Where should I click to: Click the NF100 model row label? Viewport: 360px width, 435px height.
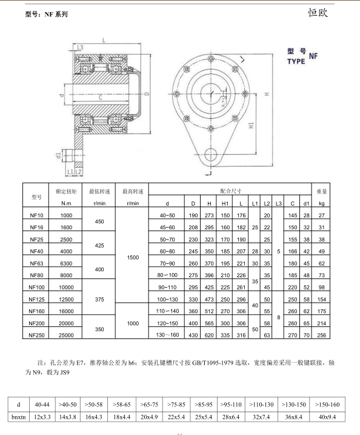[x=36, y=287]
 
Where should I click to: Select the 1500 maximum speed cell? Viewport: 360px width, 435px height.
[x=133, y=257]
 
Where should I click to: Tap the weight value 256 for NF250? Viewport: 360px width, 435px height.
[x=321, y=335]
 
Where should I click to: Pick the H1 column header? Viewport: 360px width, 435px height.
[x=225, y=203]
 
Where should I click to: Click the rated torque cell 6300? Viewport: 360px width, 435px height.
[x=66, y=263]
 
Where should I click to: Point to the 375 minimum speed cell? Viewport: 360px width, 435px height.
[x=99, y=299]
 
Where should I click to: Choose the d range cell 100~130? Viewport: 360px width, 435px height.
[x=167, y=299]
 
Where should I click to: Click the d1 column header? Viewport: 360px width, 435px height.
[x=306, y=203]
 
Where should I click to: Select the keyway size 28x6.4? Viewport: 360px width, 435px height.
[x=231, y=417]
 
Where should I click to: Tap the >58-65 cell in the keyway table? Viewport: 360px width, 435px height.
[x=121, y=405]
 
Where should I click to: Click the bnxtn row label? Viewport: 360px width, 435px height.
[x=19, y=417]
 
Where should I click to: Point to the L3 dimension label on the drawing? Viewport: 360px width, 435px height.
[x=80, y=47]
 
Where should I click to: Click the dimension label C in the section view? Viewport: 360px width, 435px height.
[x=101, y=98]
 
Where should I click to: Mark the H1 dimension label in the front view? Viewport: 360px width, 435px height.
[x=252, y=125]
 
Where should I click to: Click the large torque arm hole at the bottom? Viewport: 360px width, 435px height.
[x=211, y=155]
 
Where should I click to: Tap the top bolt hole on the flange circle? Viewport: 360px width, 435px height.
[x=211, y=58]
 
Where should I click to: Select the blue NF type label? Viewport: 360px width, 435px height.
[x=313, y=56]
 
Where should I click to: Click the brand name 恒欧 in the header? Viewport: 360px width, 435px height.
[x=318, y=13]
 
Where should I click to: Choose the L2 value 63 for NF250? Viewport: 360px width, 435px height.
[x=267, y=335]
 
